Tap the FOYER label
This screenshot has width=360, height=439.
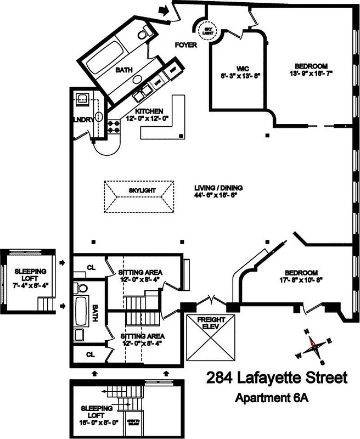(x=186, y=46)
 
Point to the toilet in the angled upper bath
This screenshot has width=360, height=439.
(x=143, y=35)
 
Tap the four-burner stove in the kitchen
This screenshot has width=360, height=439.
(x=115, y=127)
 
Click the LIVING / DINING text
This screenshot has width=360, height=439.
(x=218, y=188)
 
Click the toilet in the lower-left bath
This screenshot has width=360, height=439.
(x=81, y=288)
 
